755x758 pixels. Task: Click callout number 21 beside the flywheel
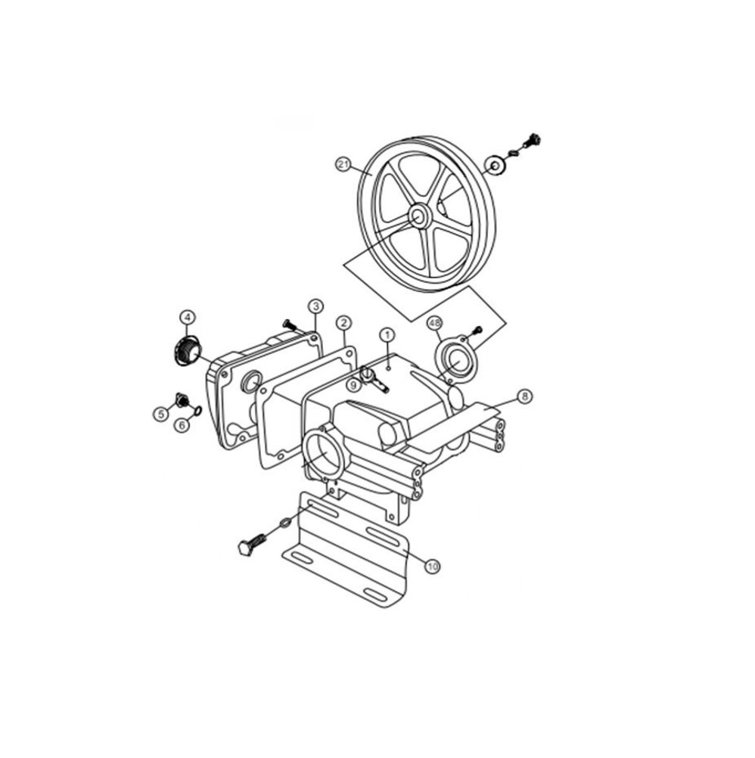[x=343, y=164]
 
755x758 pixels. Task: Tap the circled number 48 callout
[x=434, y=322]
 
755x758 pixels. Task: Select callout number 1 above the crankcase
[x=387, y=334]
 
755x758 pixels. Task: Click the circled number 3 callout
[x=315, y=306]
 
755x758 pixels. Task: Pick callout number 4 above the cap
[x=188, y=317]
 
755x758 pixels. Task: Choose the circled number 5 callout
[x=161, y=414]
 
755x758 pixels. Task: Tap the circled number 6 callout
[x=182, y=425]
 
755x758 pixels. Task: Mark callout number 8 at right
[x=524, y=397]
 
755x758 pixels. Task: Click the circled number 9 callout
[x=353, y=385]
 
